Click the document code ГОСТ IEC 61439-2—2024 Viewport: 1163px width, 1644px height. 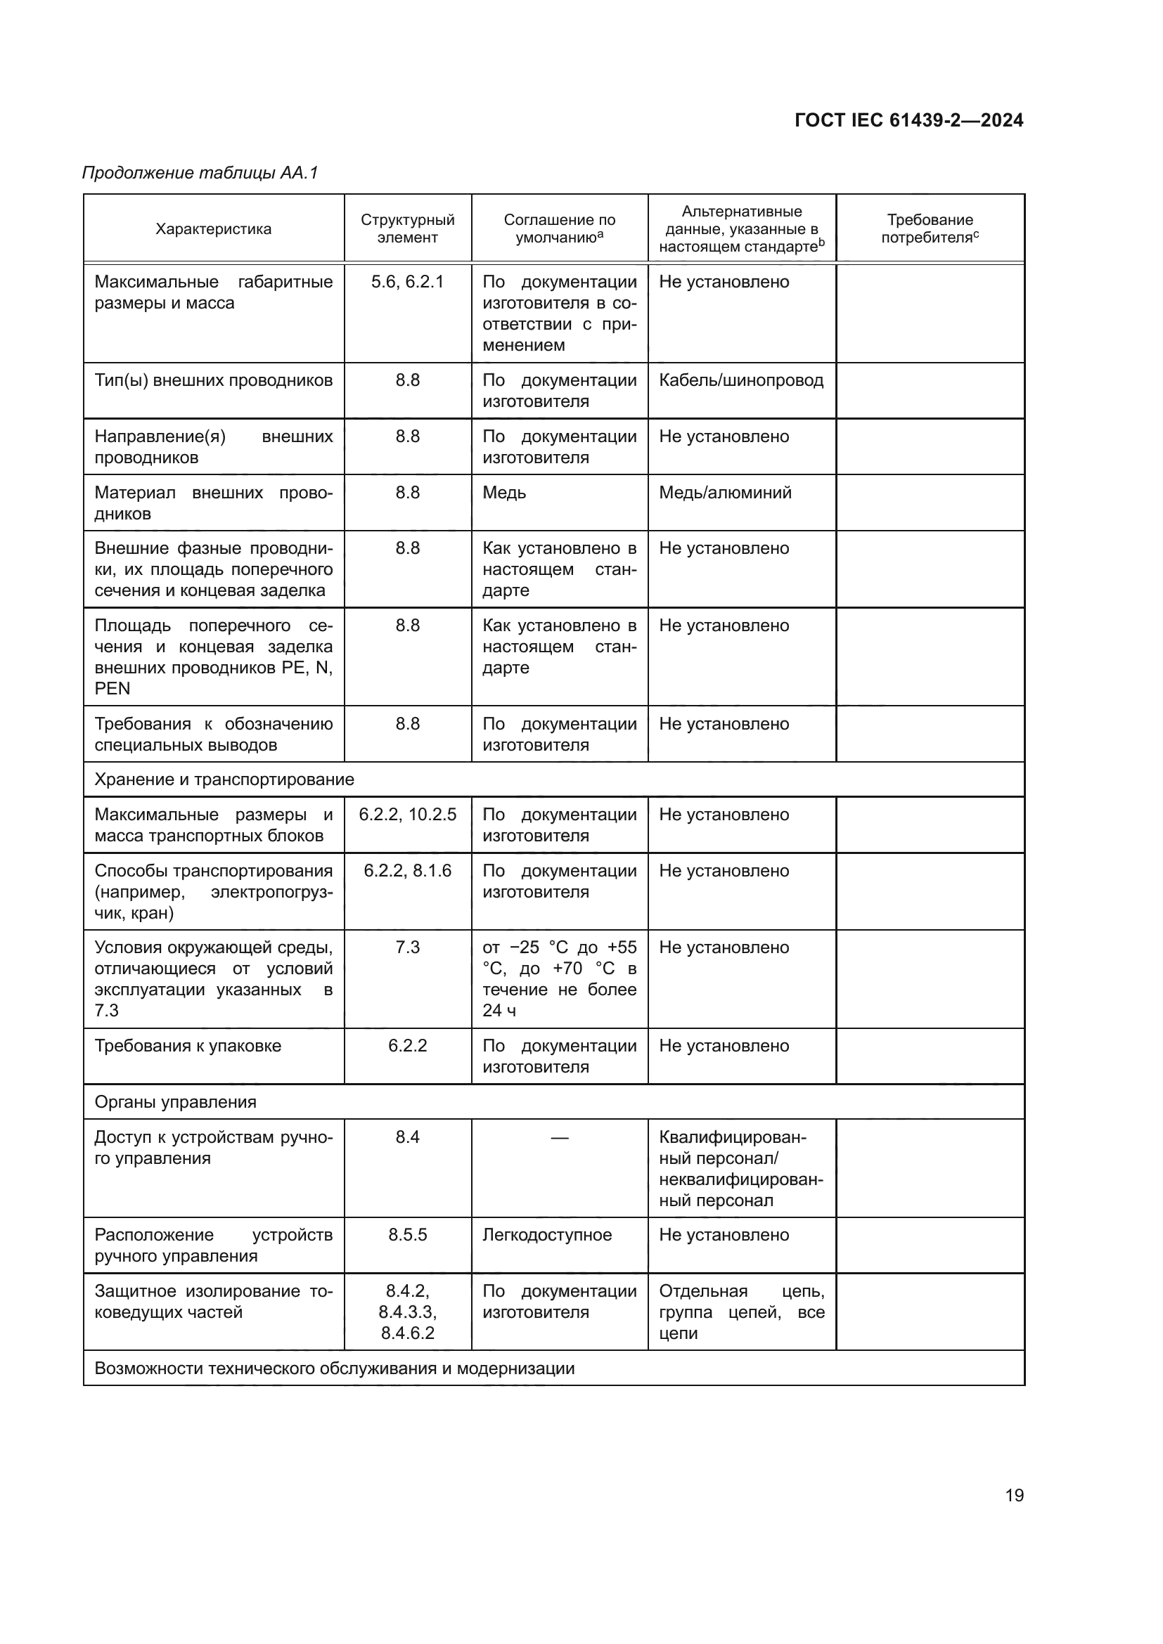[908, 120]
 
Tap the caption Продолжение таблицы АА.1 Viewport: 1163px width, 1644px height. [200, 173]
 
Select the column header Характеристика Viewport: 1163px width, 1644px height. [214, 229]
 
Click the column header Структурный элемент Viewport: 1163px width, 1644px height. [408, 228]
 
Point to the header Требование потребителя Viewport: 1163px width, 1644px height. [930, 228]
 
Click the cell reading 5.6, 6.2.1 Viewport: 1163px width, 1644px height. [408, 282]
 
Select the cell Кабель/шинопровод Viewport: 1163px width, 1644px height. [740, 380]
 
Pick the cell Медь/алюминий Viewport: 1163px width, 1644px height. [725, 493]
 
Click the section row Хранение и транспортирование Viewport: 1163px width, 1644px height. [224, 779]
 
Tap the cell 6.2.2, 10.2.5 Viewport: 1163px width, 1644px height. [408, 815]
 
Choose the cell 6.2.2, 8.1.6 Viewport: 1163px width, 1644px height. [408, 871]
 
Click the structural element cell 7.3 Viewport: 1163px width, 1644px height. [408, 947]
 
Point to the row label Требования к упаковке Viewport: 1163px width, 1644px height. [188, 1045]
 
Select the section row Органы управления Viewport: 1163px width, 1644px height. [176, 1102]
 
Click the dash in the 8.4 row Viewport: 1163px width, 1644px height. [559, 1137]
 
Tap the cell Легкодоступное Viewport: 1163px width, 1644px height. [547, 1235]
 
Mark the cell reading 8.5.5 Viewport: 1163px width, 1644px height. [408, 1235]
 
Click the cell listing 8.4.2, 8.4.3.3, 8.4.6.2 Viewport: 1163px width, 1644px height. [408, 1312]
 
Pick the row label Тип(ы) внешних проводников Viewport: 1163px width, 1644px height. [214, 380]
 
